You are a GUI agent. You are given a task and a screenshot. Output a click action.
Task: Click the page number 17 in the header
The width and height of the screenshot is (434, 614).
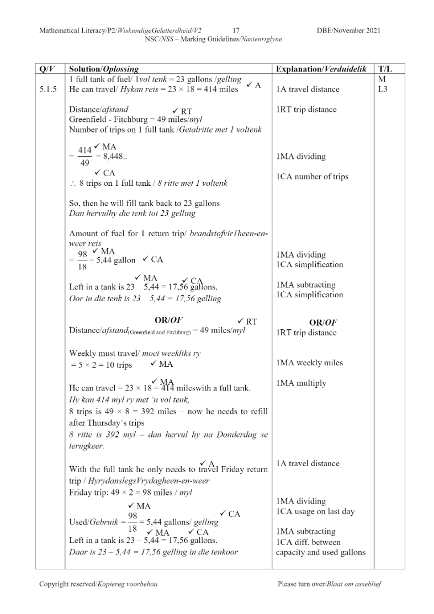click(x=236, y=31)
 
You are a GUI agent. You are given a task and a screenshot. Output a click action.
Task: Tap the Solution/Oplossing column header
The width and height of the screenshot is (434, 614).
click(x=103, y=70)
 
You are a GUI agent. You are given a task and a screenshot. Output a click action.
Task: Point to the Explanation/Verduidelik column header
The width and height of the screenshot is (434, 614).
click(x=321, y=70)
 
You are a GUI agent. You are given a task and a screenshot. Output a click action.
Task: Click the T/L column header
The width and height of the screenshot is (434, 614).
click(x=384, y=70)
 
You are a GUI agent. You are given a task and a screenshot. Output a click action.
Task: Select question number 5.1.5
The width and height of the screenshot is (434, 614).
click(x=49, y=89)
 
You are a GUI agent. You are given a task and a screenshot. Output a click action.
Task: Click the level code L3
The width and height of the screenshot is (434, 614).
click(x=383, y=89)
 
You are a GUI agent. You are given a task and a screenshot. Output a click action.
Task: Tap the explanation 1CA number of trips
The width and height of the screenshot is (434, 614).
click(x=313, y=177)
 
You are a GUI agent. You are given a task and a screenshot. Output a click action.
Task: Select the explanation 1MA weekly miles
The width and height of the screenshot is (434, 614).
click(x=309, y=362)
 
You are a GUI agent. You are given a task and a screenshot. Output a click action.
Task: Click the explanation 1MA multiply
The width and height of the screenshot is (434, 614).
click(x=301, y=383)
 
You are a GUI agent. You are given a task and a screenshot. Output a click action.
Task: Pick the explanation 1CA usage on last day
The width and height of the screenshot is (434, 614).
click(x=315, y=511)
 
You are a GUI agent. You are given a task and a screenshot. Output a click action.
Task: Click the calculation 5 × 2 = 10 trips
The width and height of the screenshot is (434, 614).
click(x=102, y=365)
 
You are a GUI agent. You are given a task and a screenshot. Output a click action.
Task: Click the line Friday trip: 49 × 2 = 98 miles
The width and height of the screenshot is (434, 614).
click(x=131, y=492)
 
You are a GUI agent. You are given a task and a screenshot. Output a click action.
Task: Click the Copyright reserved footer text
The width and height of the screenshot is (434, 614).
click(x=98, y=584)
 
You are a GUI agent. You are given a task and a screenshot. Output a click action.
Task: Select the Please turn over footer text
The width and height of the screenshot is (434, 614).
click(x=330, y=584)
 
